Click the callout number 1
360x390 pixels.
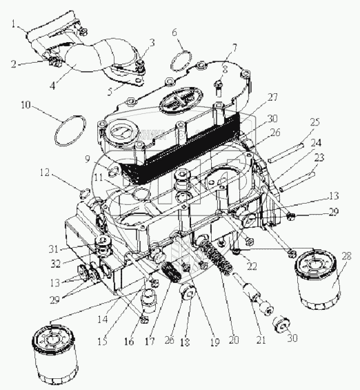[14, 25]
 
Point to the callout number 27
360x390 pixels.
[272, 97]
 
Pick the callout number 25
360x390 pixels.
[314, 122]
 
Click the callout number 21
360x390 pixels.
[261, 340]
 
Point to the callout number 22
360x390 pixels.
[252, 266]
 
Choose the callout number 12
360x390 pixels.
[46, 173]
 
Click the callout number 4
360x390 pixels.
[52, 86]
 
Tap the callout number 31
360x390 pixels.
[54, 249]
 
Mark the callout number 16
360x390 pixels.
[129, 342]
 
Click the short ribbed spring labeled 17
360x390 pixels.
[171, 272]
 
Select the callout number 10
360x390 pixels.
[26, 105]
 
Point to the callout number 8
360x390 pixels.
[225, 69]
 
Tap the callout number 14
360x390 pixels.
[103, 319]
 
